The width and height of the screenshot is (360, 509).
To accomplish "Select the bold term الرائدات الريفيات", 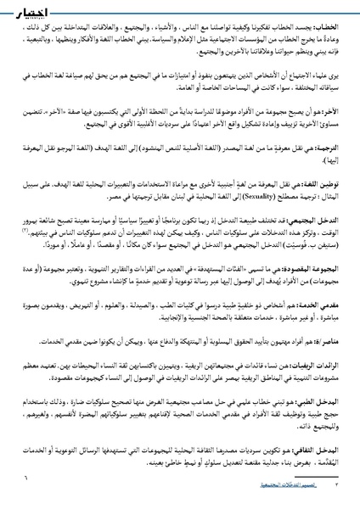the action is pyautogui.click(x=319, y=416).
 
